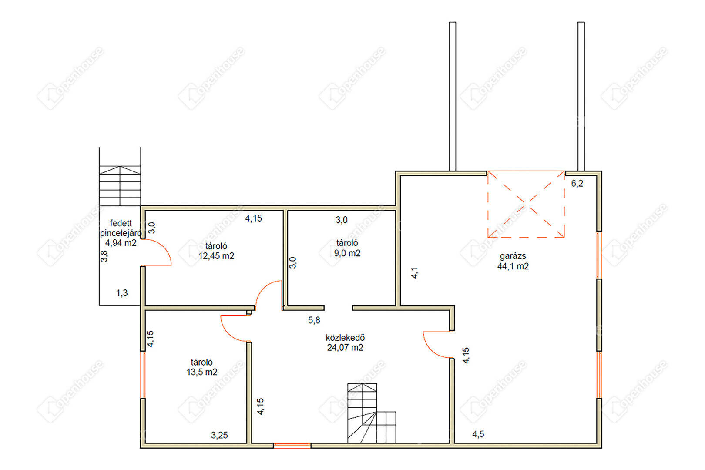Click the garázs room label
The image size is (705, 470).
pyautogui.click(x=513, y=257)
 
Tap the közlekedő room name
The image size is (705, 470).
pyautogui.click(x=345, y=338)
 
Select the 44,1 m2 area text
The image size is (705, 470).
pyautogui.click(x=513, y=266)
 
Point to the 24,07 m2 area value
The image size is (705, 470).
pyautogui.click(x=345, y=348)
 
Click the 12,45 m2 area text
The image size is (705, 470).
pyautogui.click(x=216, y=256)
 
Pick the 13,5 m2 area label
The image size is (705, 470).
pyautogui.click(x=202, y=372)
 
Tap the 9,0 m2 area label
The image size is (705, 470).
pyautogui.click(x=347, y=253)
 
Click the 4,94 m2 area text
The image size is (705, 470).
pyautogui.click(x=121, y=243)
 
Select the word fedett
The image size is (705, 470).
pyautogui.click(x=121, y=223)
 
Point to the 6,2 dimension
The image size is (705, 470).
pyautogui.click(x=577, y=184)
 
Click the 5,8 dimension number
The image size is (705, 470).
pyautogui.click(x=314, y=320)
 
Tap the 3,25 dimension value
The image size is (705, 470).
pyautogui.click(x=219, y=435)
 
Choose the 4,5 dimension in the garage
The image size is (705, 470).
pyautogui.click(x=478, y=434)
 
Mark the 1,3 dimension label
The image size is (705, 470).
pyautogui.click(x=122, y=293)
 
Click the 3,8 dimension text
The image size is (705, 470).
pyautogui.click(x=104, y=256)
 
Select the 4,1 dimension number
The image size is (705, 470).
pyautogui.click(x=414, y=273)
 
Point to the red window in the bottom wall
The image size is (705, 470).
pyautogui.click(x=292, y=446)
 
